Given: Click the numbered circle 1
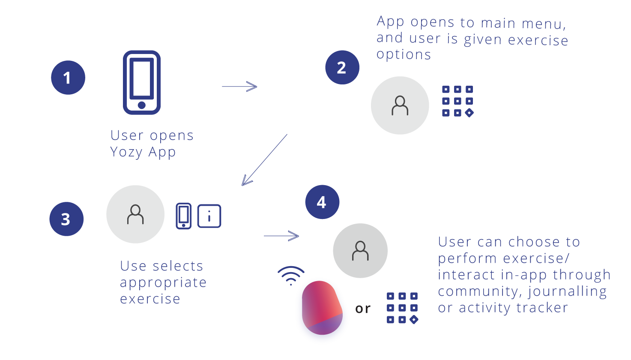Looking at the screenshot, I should click(68, 78).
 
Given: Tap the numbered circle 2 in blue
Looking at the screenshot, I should click(342, 67).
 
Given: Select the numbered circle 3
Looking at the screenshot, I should click(66, 219).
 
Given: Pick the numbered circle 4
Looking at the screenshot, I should click(322, 202).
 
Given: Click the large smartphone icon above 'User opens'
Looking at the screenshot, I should click(142, 83).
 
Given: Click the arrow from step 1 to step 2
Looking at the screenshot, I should click(239, 87).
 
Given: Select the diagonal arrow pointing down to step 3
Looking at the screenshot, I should click(264, 160).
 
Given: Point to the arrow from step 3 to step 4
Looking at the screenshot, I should click(281, 236).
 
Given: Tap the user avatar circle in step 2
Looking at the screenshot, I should click(400, 105).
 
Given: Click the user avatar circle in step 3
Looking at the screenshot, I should click(135, 214).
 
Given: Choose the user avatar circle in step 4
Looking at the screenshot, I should click(360, 251).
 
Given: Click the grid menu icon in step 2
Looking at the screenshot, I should click(458, 101).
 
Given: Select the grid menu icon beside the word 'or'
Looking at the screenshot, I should click(402, 308).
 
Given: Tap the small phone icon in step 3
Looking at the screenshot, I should click(184, 216).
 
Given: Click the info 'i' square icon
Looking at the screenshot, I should click(209, 216).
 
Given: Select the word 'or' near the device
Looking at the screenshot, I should click(363, 309).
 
